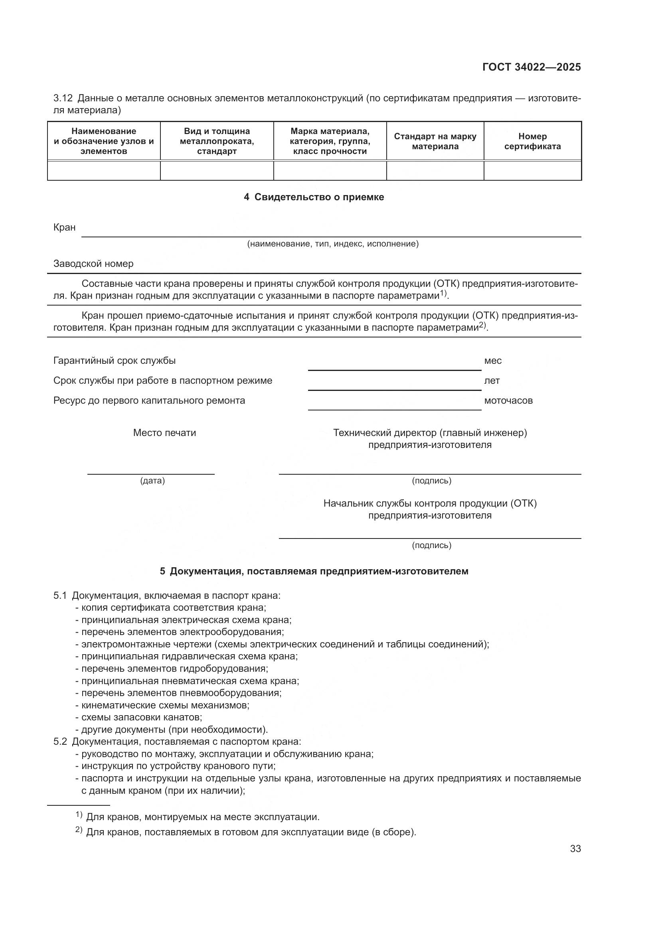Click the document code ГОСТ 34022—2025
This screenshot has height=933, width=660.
click(531, 67)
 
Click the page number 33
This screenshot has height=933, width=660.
click(575, 848)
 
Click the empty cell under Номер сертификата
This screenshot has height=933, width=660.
click(532, 171)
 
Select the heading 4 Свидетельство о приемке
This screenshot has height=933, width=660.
click(314, 197)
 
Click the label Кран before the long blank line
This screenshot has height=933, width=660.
click(64, 227)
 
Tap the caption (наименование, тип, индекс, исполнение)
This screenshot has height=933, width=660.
click(332, 244)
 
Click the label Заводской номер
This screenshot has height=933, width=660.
click(93, 264)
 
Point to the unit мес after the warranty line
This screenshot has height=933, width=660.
click(492, 361)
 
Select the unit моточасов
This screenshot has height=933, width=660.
click(508, 400)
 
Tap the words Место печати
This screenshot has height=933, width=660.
click(164, 433)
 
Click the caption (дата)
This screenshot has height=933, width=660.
click(152, 481)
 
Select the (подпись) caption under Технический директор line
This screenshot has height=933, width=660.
click(431, 481)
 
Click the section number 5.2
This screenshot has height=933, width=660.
click(60, 742)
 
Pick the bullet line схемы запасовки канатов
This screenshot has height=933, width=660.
click(141, 717)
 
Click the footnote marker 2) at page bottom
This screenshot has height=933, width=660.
click(79, 830)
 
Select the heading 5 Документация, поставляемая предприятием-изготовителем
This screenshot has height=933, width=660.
click(314, 571)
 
